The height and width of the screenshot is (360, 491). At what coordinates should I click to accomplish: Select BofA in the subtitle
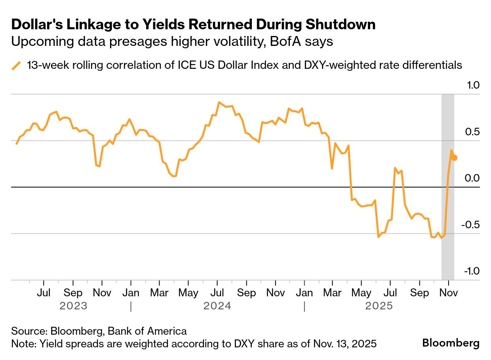pyautogui.click(x=285, y=42)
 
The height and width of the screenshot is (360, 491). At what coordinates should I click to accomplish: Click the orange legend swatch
pyautogui.click(x=17, y=66)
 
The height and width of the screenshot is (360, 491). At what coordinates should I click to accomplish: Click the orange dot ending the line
pyautogui.click(x=454, y=158)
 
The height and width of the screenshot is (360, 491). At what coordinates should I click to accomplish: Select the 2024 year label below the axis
pyautogui.click(x=217, y=306)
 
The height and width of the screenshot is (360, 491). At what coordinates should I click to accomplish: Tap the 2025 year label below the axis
pyautogui.click(x=379, y=306)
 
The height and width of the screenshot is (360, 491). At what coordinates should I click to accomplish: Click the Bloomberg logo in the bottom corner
pyautogui.click(x=451, y=343)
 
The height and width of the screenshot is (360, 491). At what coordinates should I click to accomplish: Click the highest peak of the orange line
pyautogui.click(x=219, y=102)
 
